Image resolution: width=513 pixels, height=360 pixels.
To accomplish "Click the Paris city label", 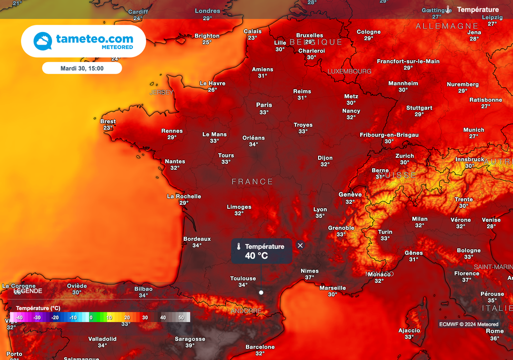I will pos(264,105).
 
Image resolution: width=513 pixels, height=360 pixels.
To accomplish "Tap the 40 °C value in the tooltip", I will pos(256,256).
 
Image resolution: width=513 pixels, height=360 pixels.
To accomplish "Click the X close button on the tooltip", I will pos(300,245).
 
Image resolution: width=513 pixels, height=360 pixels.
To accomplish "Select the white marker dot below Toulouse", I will pos(261,292).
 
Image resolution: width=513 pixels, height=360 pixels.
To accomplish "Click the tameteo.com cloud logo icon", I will pos(43,41).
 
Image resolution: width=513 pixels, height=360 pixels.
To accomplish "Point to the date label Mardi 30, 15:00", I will pos(82,68).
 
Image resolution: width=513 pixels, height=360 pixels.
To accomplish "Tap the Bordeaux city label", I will pos(197,239).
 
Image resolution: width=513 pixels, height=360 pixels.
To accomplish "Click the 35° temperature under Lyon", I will pos(320,216).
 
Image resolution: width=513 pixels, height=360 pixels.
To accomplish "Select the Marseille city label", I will pos(333,288).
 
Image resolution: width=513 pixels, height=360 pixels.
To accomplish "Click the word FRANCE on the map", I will pos(252,182).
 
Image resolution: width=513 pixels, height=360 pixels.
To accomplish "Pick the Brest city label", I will pos(108,121).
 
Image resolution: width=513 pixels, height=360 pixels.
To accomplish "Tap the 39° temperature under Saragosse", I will pos(190,345).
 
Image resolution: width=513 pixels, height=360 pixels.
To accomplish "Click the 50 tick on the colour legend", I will pos(181,317).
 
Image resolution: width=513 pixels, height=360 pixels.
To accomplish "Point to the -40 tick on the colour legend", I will pos(19,317).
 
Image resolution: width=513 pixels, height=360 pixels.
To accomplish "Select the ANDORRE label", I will pos(245,311).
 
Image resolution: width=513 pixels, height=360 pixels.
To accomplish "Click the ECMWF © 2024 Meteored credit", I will pos(468,324).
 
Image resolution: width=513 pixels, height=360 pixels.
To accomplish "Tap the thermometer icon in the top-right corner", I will pos(448,10).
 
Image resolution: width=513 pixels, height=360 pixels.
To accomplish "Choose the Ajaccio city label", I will pos(409,330).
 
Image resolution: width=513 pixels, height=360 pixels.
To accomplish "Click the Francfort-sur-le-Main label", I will pos(408,61).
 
